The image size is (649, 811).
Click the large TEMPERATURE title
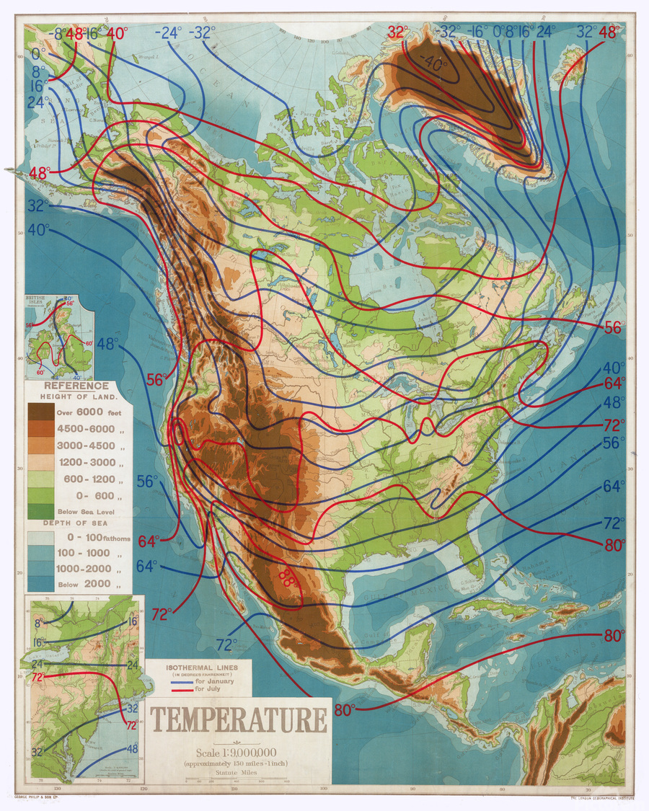(x=238, y=720)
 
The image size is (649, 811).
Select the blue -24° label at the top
(x=170, y=32)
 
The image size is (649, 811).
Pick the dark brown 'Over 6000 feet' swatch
(x=40, y=412)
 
